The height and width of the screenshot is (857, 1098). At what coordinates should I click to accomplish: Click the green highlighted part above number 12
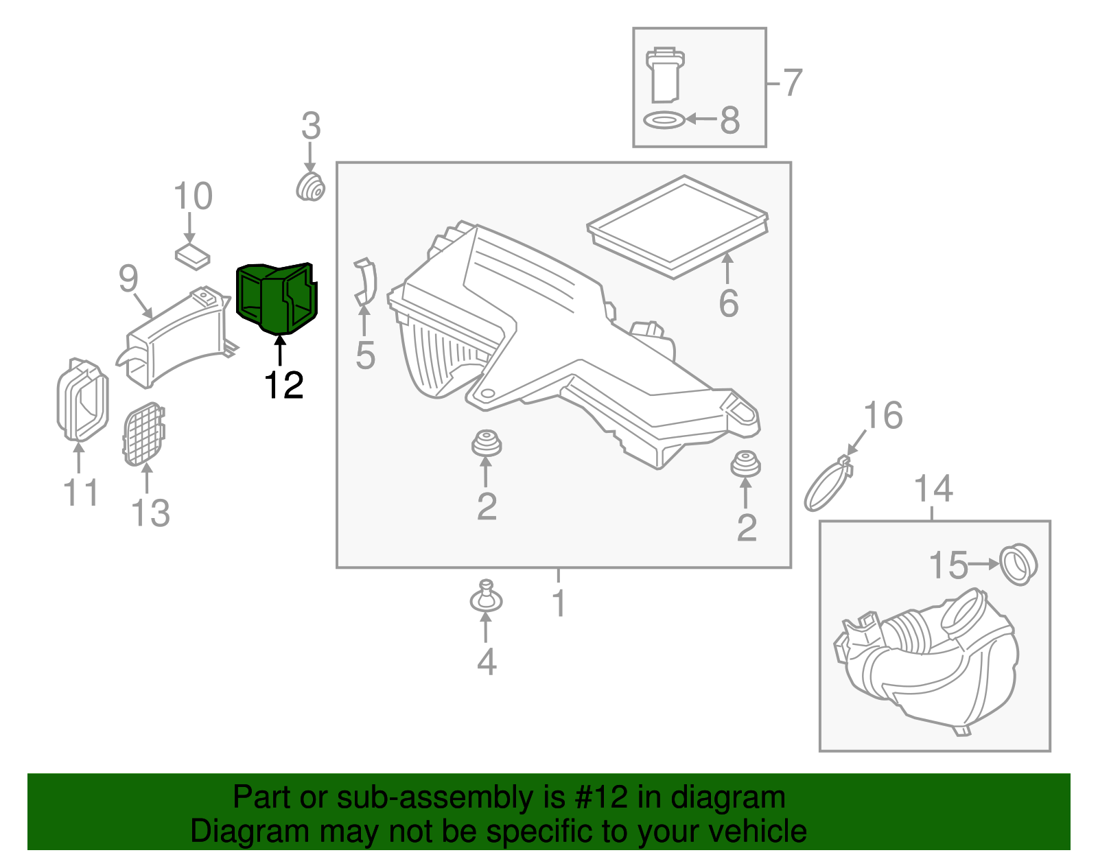[276, 298]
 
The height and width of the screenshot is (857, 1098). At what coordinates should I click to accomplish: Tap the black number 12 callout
[283, 386]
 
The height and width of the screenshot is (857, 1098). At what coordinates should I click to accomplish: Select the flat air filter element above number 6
[677, 226]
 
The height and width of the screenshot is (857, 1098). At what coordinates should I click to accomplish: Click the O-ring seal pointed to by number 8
[664, 120]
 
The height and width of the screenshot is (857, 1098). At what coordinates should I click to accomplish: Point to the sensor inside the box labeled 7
[665, 75]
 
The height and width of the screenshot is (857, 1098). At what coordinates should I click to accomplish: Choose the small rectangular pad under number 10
[192, 256]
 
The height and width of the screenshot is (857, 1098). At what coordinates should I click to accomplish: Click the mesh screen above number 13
[143, 434]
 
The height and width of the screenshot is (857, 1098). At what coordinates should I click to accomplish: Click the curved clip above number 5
[366, 282]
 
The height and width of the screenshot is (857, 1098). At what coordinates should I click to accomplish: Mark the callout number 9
[128, 279]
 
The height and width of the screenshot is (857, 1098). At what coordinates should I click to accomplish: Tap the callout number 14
[933, 488]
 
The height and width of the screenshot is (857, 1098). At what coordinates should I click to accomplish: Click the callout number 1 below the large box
[559, 602]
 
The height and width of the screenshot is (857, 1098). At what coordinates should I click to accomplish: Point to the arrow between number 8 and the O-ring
[701, 119]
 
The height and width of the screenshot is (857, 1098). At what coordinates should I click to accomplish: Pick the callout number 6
[728, 303]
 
